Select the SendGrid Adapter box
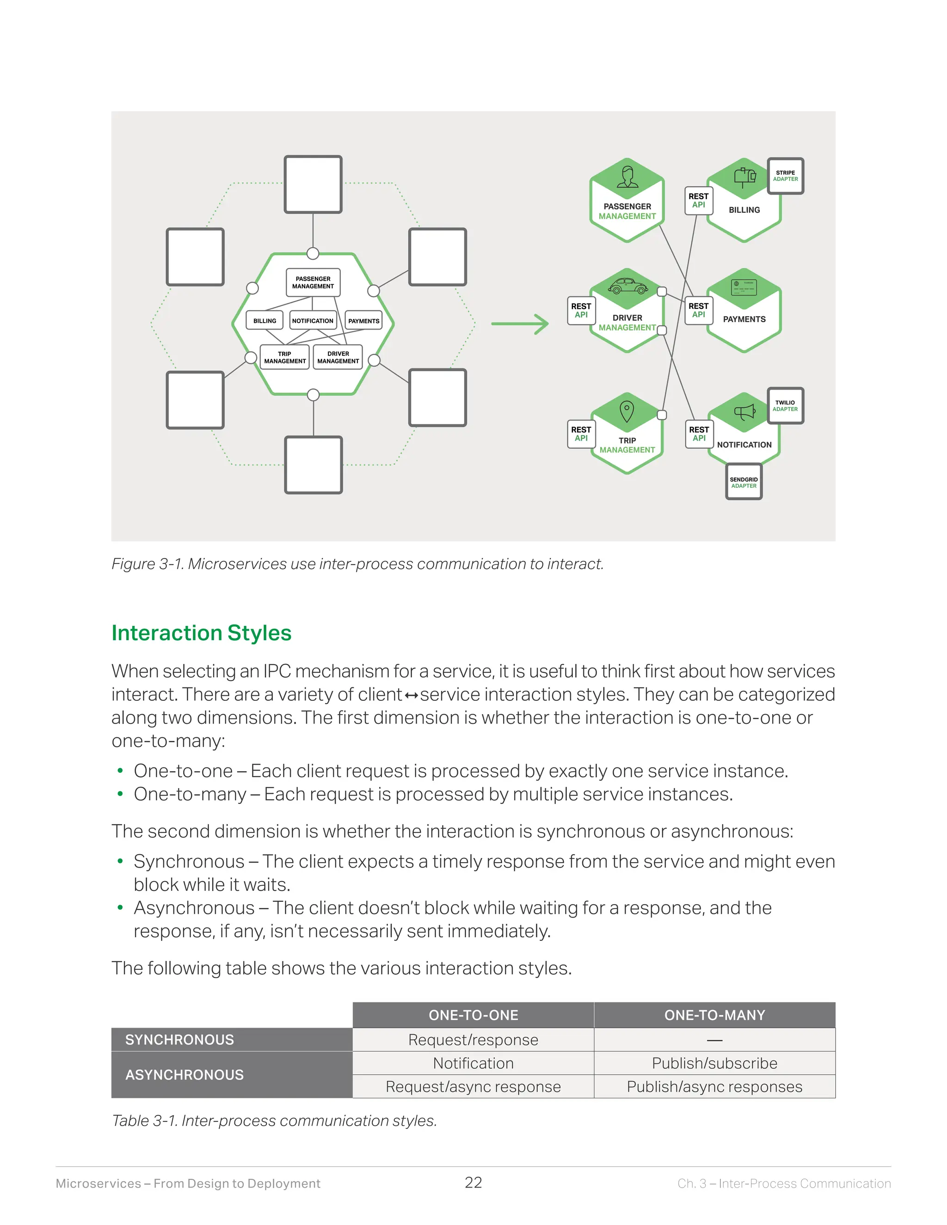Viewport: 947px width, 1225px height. pos(744,482)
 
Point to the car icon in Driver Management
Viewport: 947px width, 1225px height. pos(627,286)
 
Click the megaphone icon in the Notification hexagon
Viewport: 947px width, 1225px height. pos(744,413)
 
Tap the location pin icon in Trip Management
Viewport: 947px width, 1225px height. pos(627,411)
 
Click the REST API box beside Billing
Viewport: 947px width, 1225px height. pos(699,201)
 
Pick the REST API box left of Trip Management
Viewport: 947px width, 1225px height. pos(581,434)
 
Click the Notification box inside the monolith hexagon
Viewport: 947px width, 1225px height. pos(313,320)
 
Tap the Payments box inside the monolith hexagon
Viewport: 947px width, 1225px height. pos(363,320)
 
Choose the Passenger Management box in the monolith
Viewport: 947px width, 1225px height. pos(313,282)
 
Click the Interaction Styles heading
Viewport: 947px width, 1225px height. pos(202,633)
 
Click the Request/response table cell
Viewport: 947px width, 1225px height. pos(473,1040)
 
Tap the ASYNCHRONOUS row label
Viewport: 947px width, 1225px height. pos(184,1075)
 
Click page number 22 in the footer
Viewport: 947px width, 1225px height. pos(473,1183)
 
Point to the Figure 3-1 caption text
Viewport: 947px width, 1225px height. pos(357,563)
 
